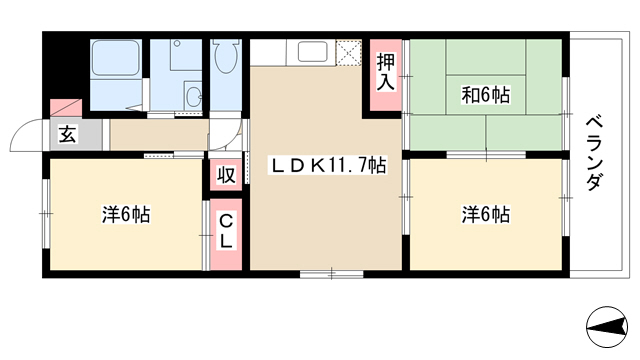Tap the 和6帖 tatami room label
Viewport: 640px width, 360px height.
[x=486, y=95]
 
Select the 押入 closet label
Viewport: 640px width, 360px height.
[x=386, y=72]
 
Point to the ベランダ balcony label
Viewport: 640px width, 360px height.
[x=594, y=154]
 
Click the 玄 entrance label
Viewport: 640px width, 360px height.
[x=67, y=135]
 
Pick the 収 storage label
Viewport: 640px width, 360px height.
[x=226, y=175]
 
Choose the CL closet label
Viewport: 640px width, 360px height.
[x=226, y=232]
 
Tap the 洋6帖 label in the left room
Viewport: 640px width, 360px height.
[x=126, y=214]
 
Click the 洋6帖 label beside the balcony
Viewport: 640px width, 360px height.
[x=486, y=214]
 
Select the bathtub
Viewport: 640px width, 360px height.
[x=116, y=58]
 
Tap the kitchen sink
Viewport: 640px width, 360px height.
[x=312, y=51]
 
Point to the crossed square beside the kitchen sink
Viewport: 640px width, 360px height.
[x=349, y=52]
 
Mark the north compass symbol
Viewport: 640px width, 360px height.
[x=607, y=327]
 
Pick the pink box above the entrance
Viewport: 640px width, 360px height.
[x=66, y=108]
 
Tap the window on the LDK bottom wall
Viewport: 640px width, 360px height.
[x=331, y=274]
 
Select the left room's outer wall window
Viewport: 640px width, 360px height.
[x=46, y=213]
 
